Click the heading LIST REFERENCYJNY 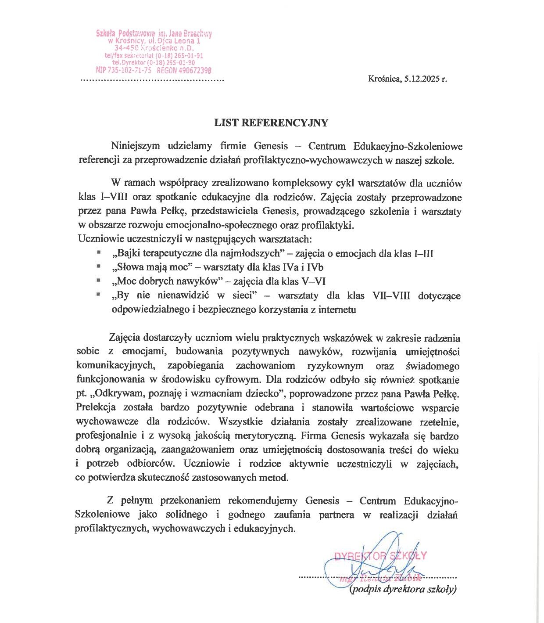click(271, 123)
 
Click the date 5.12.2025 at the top click(422, 79)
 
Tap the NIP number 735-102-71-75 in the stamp click(124, 70)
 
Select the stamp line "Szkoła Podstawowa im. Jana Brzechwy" click(154, 34)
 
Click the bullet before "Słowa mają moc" click(99, 266)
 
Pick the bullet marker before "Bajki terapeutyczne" click(99, 252)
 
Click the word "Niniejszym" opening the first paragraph click(136, 146)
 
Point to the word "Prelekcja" click(96, 407)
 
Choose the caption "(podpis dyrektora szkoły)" click(403, 589)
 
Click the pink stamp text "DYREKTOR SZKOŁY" click(380, 556)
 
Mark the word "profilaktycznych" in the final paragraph click(111, 529)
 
